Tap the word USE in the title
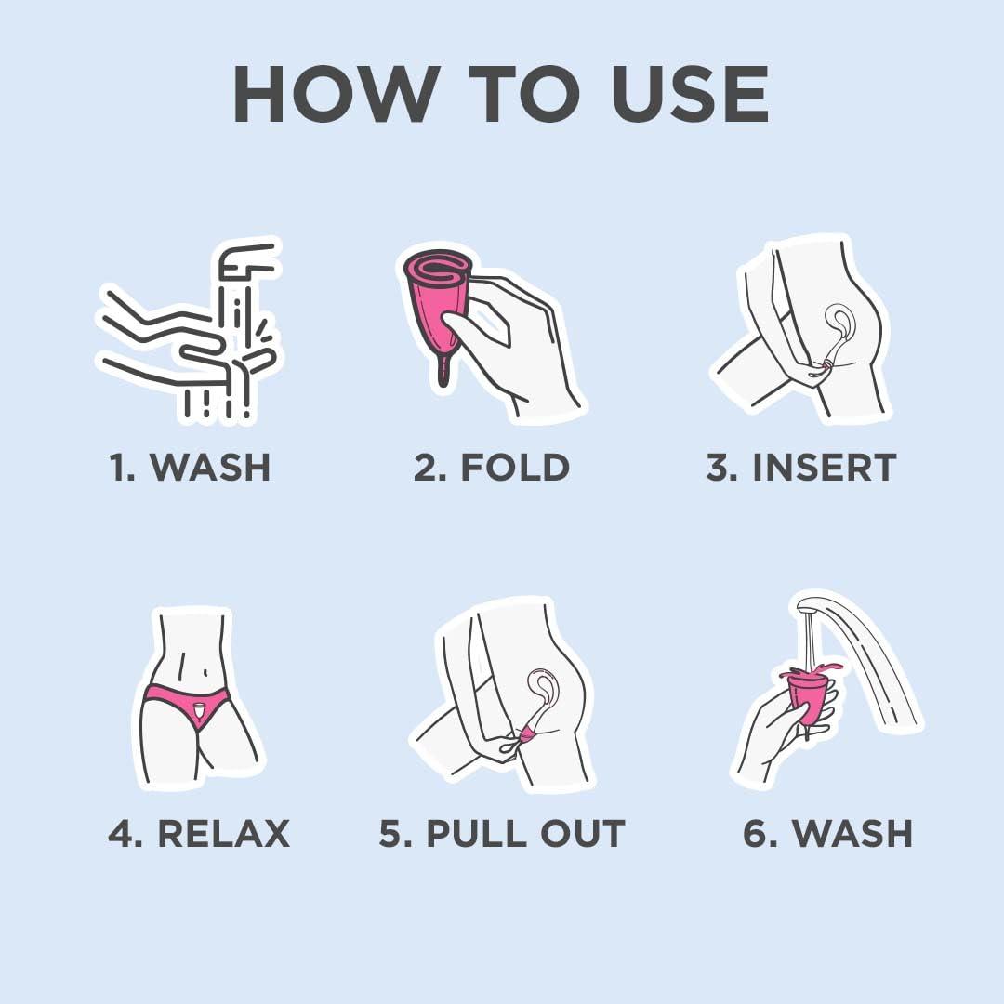[x=691, y=94]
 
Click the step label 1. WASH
[x=191, y=467]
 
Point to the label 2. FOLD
[x=492, y=467]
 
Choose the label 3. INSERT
[x=801, y=467]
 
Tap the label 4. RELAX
[x=199, y=833]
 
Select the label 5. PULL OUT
[x=502, y=833]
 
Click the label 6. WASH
[x=828, y=833]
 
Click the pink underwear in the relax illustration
[x=186, y=706]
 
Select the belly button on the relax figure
[x=205, y=672]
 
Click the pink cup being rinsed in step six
[x=808, y=694]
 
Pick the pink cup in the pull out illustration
[x=529, y=735]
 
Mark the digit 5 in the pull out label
[x=389, y=834]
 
